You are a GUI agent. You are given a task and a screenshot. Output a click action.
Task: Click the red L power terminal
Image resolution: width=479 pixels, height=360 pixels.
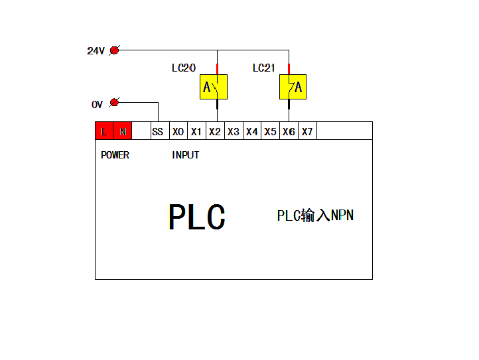(104, 131)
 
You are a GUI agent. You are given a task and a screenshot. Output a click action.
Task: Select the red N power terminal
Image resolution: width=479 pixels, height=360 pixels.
(123, 131)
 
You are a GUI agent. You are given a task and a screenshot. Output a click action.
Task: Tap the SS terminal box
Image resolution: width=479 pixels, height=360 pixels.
(160, 131)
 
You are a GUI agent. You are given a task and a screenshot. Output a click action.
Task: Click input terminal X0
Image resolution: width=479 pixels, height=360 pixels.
(178, 131)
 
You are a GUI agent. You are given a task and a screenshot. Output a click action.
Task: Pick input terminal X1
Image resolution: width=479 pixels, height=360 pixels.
(197, 131)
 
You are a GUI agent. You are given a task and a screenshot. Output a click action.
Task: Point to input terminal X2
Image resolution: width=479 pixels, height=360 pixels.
(216, 131)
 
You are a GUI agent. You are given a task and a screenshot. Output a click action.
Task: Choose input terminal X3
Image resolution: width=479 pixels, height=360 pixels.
(234, 131)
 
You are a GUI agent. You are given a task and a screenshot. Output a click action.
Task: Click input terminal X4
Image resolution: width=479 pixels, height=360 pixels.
(252, 131)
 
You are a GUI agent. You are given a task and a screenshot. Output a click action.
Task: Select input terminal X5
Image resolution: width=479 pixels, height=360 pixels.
(271, 131)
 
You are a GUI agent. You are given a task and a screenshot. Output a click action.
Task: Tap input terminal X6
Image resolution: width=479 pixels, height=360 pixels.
(289, 131)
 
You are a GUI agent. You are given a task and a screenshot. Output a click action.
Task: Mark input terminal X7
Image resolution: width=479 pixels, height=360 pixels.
(308, 131)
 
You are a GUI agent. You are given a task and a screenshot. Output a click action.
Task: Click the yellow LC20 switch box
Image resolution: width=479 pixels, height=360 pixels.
(214, 87)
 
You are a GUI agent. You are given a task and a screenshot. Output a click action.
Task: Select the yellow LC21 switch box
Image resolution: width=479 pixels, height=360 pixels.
(293, 87)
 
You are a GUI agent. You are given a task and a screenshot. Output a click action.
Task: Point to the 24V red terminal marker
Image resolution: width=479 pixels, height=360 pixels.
(115, 50)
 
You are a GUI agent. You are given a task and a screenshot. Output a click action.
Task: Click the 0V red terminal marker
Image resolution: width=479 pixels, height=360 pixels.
(115, 102)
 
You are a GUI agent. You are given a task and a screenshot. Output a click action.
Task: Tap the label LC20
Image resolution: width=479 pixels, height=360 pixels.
(184, 68)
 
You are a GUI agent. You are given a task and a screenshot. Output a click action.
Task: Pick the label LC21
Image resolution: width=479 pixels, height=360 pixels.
(264, 68)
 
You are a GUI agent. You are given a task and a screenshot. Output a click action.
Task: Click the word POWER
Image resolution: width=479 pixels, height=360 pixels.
(115, 155)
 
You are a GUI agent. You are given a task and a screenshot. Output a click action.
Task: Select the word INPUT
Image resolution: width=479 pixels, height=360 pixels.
(185, 155)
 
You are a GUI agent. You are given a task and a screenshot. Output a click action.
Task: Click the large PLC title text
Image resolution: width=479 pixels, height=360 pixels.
(197, 217)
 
